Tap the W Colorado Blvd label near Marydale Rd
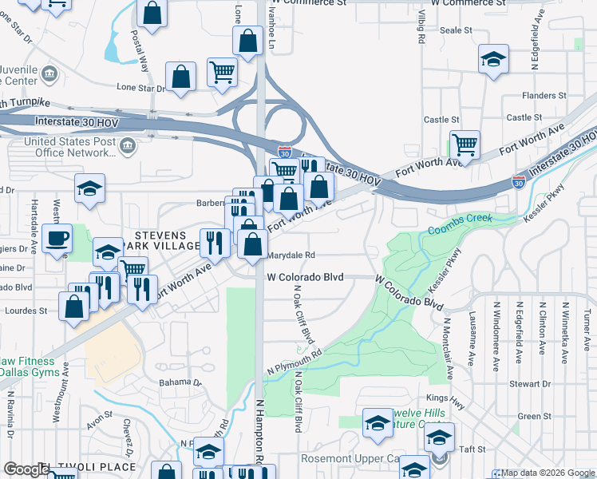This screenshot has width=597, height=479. point(305,277)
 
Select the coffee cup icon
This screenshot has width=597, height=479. point(57,239)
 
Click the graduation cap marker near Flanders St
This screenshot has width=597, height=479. point(494,59)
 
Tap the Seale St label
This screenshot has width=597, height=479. point(457,30)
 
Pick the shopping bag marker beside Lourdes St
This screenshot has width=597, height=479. point(74,306)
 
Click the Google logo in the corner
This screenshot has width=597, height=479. point(26,469)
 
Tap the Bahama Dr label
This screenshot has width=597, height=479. point(180,382)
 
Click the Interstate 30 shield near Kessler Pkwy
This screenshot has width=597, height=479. point(519,182)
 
